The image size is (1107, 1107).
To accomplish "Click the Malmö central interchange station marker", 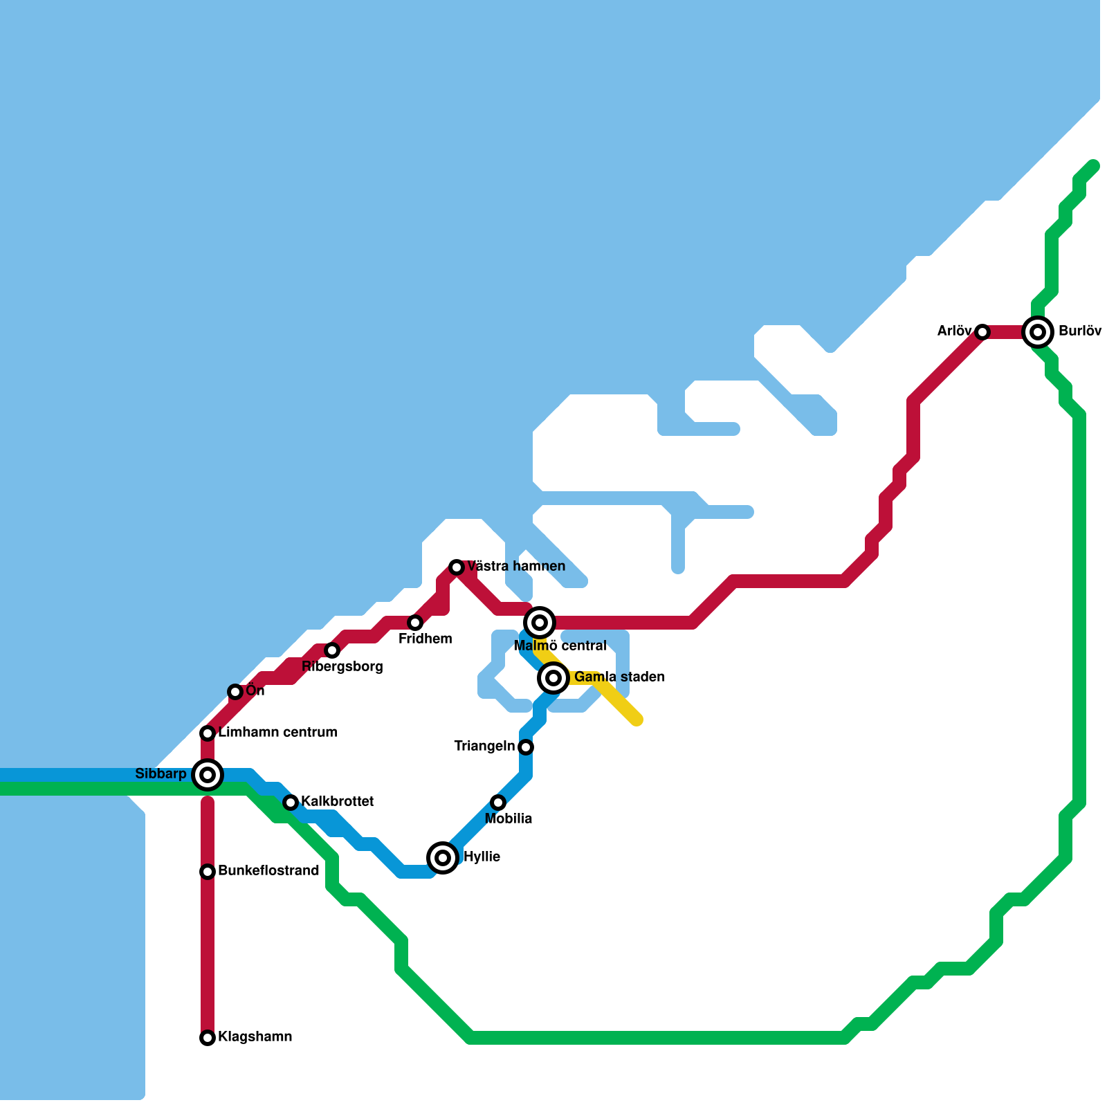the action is [540, 623].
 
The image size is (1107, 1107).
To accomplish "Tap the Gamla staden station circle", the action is [553, 678].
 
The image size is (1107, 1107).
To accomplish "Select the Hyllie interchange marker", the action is [443, 858].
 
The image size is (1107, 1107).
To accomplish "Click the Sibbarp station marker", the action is [208, 775].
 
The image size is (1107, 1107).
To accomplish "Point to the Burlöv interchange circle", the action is [1038, 332].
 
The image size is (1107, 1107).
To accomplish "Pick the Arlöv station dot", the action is [982, 332].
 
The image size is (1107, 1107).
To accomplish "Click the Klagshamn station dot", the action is [208, 1038].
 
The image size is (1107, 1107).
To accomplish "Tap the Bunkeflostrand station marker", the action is [208, 872].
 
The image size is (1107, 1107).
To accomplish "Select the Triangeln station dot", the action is [526, 747].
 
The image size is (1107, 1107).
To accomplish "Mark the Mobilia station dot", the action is [498, 803].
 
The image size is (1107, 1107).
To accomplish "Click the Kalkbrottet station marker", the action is [291, 803].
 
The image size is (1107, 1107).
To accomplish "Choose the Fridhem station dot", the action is [415, 623].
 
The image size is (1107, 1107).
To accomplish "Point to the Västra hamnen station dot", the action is [457, 567].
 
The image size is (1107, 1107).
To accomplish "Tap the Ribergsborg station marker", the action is [332, 650].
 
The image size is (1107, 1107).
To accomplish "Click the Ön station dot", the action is [235, 692].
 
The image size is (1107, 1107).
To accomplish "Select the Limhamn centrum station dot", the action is [208, 733].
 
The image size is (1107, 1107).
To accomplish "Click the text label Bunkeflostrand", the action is [268, 870].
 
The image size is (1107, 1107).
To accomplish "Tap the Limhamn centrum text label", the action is [277, 732].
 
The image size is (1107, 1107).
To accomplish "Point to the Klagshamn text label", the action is [255, 1036].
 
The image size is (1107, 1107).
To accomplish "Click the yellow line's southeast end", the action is [637, 720].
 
